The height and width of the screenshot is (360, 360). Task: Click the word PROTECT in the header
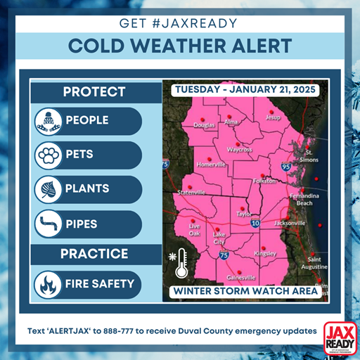pyautogui.click(x=94, y=92)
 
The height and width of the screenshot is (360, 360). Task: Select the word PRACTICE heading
pyautogui.click(x=94, y=254)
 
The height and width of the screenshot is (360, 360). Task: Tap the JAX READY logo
pyautogui.click(x=340, y=337)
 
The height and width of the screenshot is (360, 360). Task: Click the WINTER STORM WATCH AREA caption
pyautogui.click(x=246, y=290)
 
